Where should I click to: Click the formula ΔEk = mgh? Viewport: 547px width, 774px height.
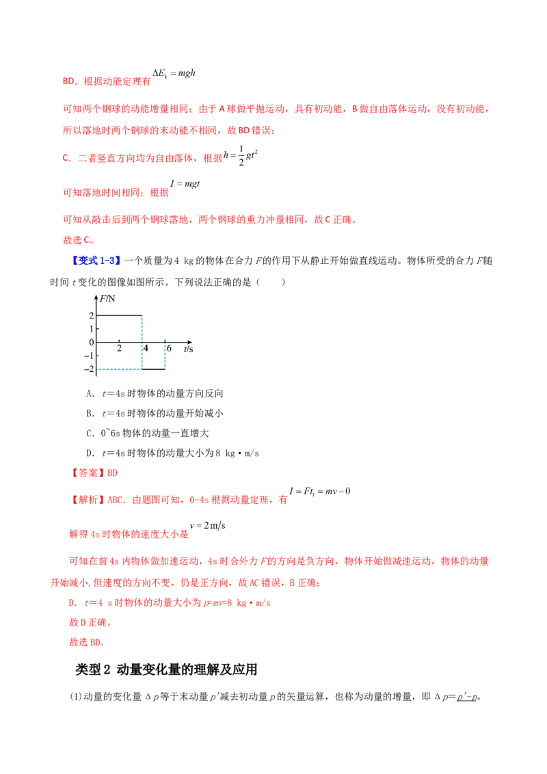coord(174,74)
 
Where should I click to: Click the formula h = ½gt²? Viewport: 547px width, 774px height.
coord(241,155)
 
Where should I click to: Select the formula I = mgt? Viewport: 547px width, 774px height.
coord(185,184)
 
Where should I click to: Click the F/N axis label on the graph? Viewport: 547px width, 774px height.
coord(107,299)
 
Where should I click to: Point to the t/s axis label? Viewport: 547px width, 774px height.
coord(188,349)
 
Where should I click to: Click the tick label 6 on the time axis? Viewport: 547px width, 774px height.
coord(169,348)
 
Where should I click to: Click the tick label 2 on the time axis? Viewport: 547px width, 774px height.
coord(119,348)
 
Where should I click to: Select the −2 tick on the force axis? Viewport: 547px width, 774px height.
coord(89,369)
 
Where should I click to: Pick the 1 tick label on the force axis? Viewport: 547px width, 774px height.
coord(92,329)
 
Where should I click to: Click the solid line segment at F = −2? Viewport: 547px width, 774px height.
coord(154,369)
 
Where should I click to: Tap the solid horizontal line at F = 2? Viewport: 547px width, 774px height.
coord(119,315)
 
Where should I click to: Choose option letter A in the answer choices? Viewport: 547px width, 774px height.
coord(90,393)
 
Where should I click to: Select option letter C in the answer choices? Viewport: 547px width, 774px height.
coord(90,433)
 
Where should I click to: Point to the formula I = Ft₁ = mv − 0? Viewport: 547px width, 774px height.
coord(320,491)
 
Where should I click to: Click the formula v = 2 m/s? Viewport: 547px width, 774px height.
coord(207,525)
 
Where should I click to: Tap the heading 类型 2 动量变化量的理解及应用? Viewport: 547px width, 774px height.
coord(166,669)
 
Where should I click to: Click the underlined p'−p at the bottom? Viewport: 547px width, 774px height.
coord(467,697)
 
